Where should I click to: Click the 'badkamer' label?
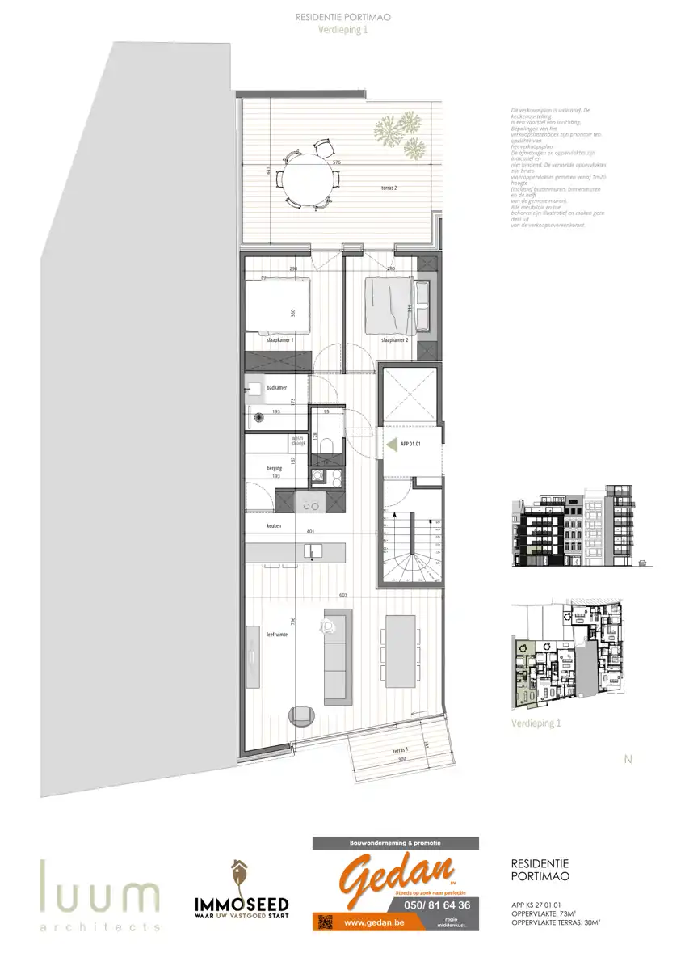click(x=276, y=388)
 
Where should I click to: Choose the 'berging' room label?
click(x=274, y=468)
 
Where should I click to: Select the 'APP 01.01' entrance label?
click(x=411, y=444)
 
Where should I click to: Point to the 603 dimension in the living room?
click(x=342, y=595)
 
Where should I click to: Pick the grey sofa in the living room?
click(x=337, y=655)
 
